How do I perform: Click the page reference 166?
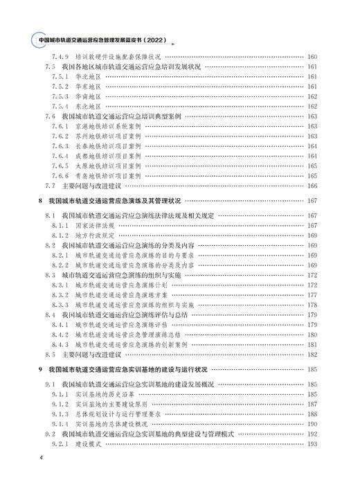click(312, 186)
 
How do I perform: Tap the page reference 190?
click(312, 423)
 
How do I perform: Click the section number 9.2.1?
click(61, 443)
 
